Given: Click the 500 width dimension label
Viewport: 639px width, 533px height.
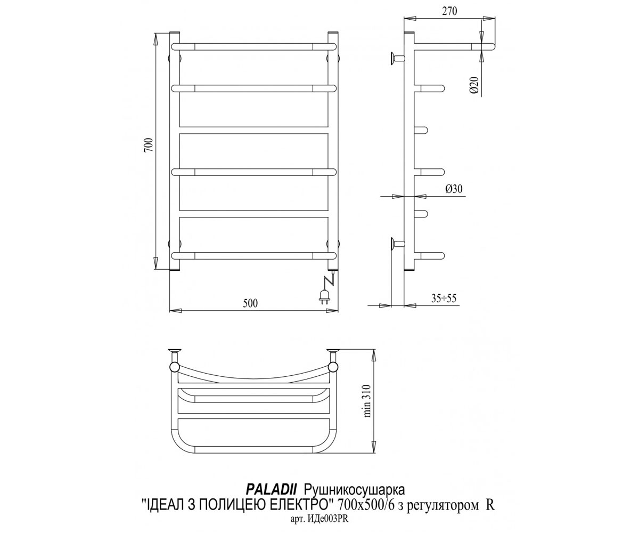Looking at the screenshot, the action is click(x=250, y=303).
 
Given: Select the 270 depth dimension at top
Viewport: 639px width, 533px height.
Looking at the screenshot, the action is click(x=449, y=11).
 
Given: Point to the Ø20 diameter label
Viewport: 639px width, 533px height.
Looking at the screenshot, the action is click(x=474, y=85).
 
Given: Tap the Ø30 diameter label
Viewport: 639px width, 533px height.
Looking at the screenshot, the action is click(x=454, y=189).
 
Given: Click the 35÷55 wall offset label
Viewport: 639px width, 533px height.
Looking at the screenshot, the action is click(x=444, y=298).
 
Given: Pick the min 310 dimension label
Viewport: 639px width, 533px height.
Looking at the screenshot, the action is click(x=367, y=400).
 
